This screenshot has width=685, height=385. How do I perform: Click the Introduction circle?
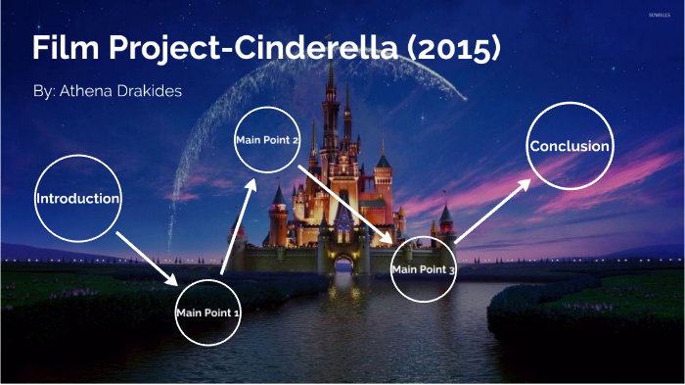77,198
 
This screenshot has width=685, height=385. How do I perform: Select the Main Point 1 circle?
207,313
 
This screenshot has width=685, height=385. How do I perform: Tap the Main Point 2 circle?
267,140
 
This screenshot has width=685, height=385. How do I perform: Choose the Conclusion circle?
570,146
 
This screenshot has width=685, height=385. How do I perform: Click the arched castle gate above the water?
342,265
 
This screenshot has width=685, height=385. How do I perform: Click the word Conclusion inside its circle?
570,146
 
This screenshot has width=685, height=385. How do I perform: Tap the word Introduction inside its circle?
77,198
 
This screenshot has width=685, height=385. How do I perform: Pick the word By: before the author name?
44,91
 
